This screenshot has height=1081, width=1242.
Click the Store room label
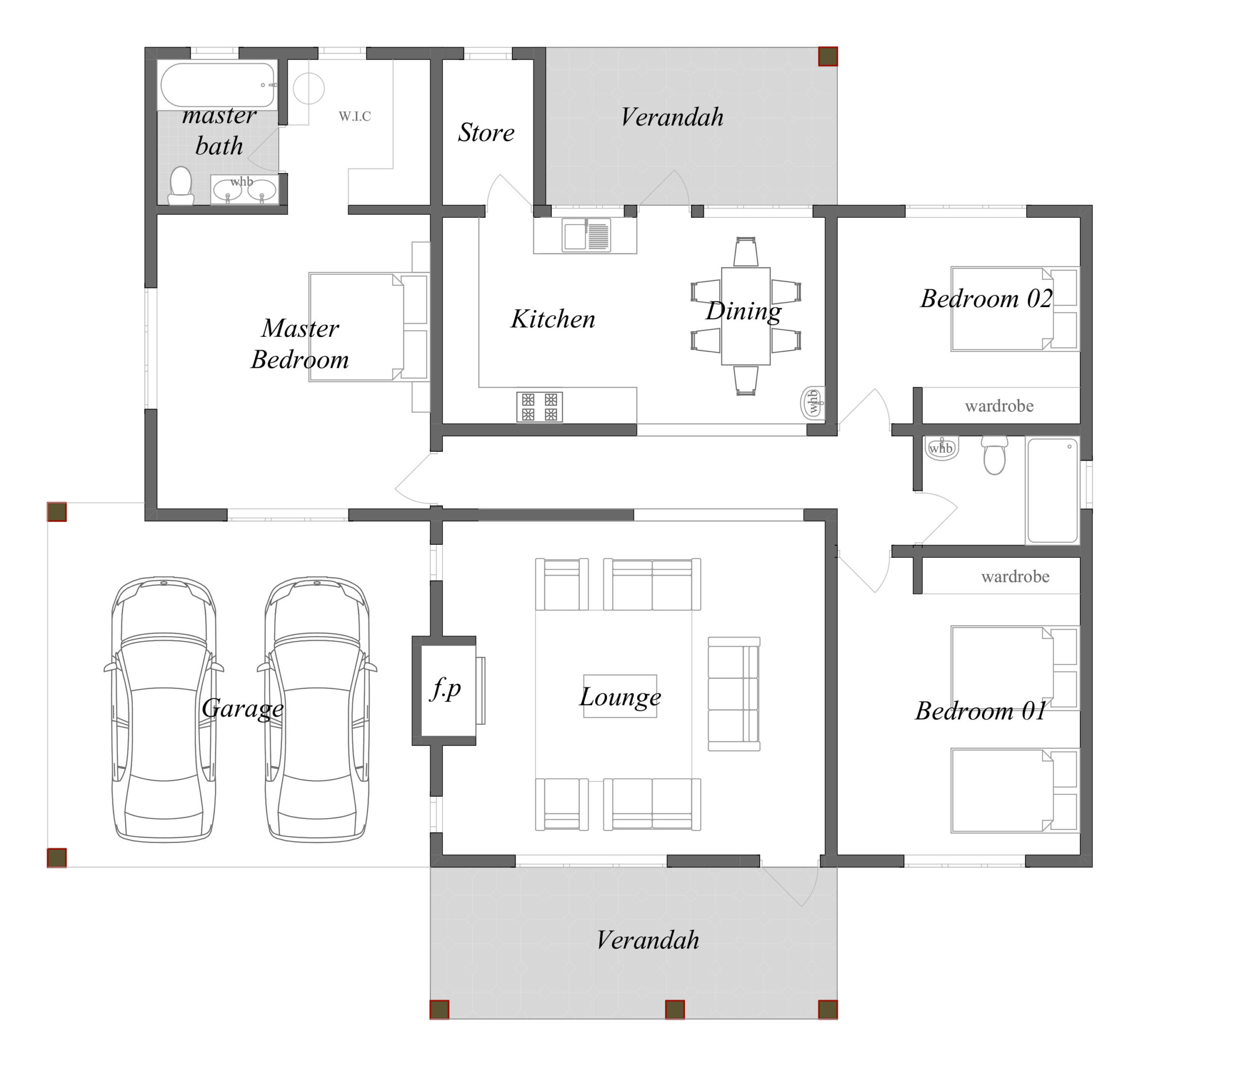(x=486, y=133)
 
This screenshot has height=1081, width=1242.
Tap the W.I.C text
(x=355, y=116)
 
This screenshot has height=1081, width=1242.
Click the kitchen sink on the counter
(x=586, y=235)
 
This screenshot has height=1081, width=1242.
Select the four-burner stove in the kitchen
(x=539, y=407)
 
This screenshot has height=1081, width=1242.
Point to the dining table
(x=746, y=316)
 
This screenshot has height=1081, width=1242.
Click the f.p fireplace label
(x=445, y=688)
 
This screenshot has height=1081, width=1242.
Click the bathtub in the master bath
(x=218, y=85)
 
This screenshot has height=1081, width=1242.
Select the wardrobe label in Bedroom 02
(x=999, y=406)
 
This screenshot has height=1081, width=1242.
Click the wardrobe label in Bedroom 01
(x=1015, y=577)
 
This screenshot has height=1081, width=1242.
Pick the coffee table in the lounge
(x=620, y=696)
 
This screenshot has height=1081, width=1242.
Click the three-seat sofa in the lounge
(x=734, y=694)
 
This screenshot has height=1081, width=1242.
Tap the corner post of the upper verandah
(x=828, y=57)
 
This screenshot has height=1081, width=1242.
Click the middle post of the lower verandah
(x=674, y=1009)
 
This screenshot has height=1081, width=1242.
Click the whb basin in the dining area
(x=812, y=402)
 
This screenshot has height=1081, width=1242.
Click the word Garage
(x=242, y=708)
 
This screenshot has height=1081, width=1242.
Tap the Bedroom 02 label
(x=986, y=298)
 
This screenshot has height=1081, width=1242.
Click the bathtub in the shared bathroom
(x=1053, y=490)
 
